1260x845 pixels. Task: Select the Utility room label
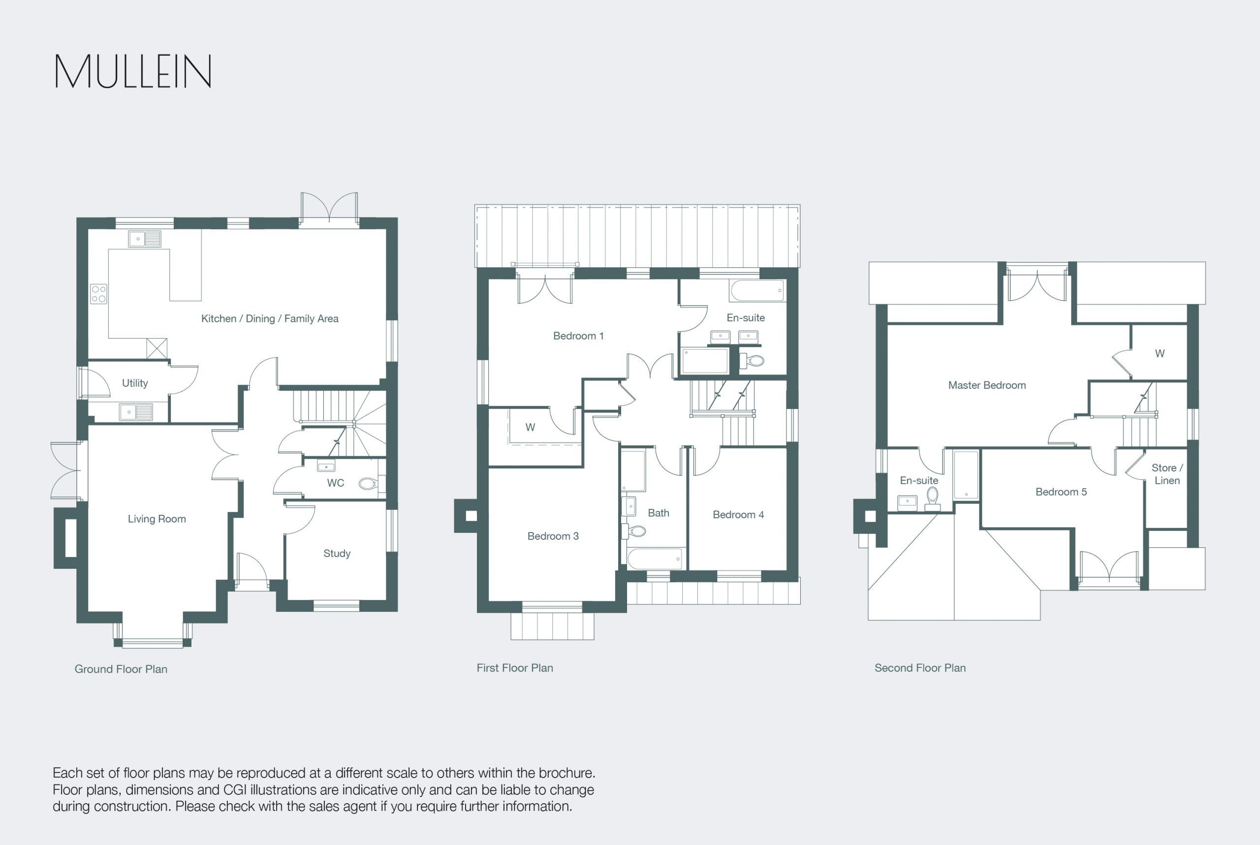click(135, 383)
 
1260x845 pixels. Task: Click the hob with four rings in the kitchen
click(98, 294)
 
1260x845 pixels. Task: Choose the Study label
click(337, 554)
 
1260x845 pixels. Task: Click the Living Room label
click(157, 519)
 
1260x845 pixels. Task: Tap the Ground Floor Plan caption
click(121, 669)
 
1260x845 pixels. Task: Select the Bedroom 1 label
click(578, 336)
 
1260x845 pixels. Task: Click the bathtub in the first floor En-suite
click(757, 290)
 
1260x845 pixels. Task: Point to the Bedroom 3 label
click(553, 536)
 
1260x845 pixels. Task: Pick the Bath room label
click(659, 513)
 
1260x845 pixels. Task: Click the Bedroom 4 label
click(738, 515)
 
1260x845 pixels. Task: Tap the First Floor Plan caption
click(515, 668)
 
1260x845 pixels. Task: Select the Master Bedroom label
click(987, 385)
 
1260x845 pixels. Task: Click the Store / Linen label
click(1167, 474)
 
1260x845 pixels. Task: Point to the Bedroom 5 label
click(1061, 492)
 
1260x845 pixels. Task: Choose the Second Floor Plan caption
click(920, 668)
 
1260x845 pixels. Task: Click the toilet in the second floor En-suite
click(933, 499)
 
